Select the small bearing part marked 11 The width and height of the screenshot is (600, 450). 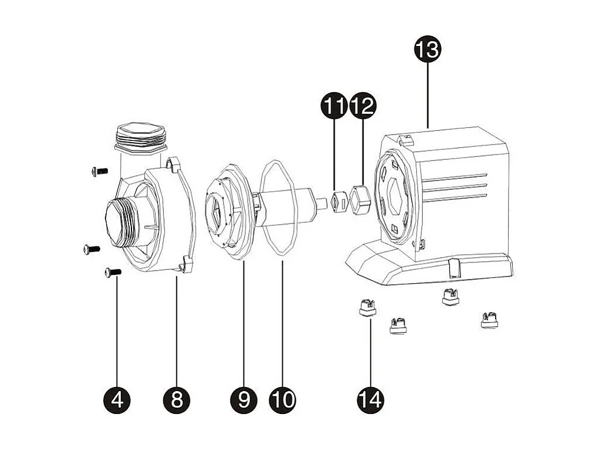pos(337,202)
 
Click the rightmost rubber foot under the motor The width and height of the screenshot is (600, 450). pos(489,319)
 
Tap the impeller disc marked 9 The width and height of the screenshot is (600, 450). pos(227,209)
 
